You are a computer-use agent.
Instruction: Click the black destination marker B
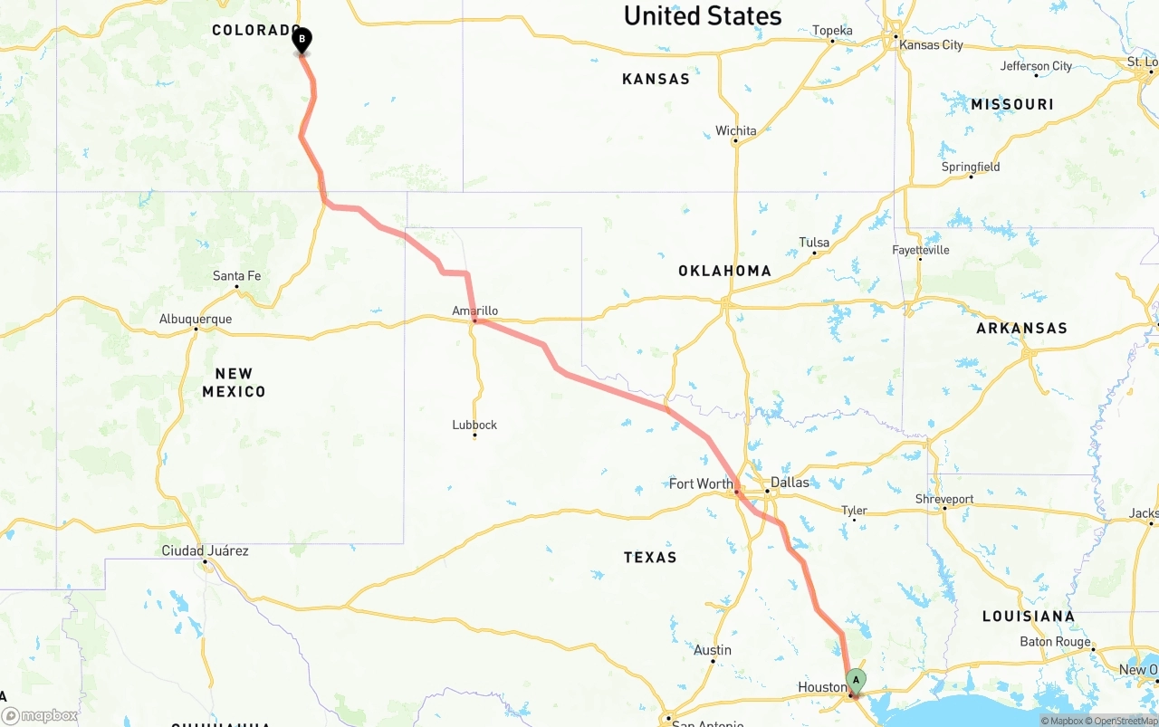click(x=302, y=40)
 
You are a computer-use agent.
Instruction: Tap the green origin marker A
click(x=856, y=681)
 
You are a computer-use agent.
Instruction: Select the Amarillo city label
click(x=475, y=311)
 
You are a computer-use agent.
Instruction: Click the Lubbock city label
click(x=474, y=425)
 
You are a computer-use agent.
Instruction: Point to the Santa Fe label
click(x=236, y=275)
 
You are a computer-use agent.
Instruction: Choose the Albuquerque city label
click(x=196, y=319)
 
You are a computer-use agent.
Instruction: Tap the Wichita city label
click(x=735, y=130)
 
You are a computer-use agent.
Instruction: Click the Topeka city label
click(x=832, y=31)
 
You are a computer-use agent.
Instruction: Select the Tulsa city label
click(x=814, y=242)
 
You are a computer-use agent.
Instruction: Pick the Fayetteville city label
click(x=920, y=249)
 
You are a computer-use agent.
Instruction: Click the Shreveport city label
click(x=944, y=499)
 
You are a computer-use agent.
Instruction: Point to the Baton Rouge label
click(x=1055, y=642)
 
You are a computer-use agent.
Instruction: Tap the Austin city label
click(x=713, y=650)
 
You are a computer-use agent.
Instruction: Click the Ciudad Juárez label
click(x=205, y=550)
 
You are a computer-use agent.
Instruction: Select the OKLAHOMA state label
click(x=724, y=271)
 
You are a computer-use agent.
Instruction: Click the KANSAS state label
click(x=656, y=79)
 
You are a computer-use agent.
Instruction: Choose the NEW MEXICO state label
click(x=234, y=382)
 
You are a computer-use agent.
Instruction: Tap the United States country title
click(x=703, y=15)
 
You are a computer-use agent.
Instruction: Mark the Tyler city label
click(x=854, y=511)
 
